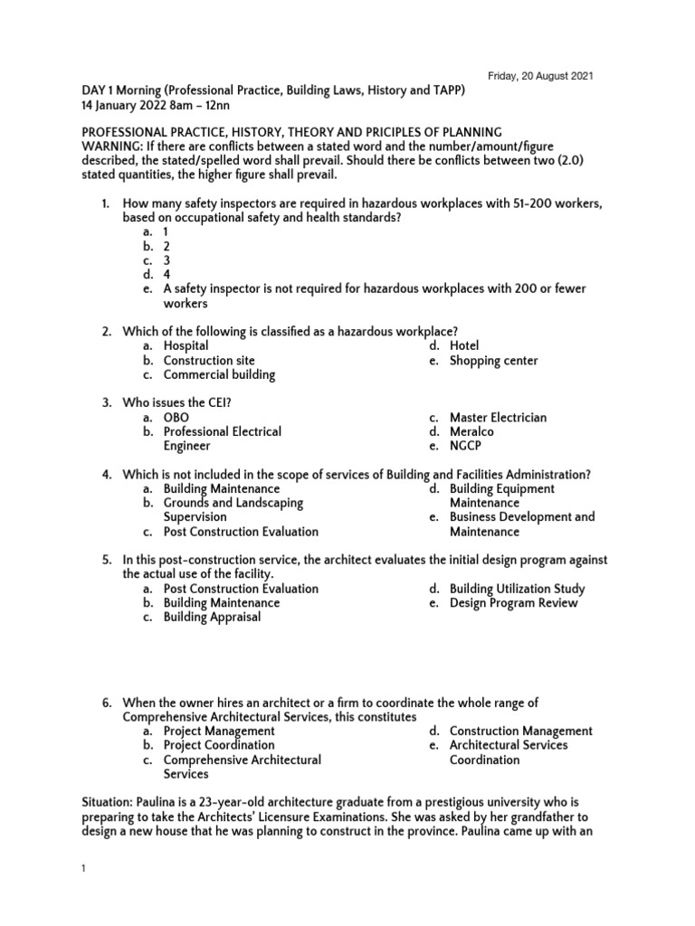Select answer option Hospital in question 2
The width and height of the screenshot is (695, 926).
click(x=186, y=345)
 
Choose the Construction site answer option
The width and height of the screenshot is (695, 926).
click(x=203, y=360)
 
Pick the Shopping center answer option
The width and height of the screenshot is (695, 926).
click(x=493, y=360)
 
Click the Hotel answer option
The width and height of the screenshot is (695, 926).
click(x=464, y=345)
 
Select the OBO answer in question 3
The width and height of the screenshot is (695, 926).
click(x=176, y=417)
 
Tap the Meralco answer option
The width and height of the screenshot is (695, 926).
click(x=471, y=431)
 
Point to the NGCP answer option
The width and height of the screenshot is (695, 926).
click(x=467, y=446)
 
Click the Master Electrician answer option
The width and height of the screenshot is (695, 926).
click(x=499, y=417)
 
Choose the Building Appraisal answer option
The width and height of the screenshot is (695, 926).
click(x=212, y=617)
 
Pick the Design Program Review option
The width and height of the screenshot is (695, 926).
click(x=513, y=602)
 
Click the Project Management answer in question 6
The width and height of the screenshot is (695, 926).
click(x=219, y=731)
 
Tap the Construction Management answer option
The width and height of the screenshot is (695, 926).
click(x=521, y=731)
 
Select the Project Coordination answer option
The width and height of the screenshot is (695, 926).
click(x=219, y=745)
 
